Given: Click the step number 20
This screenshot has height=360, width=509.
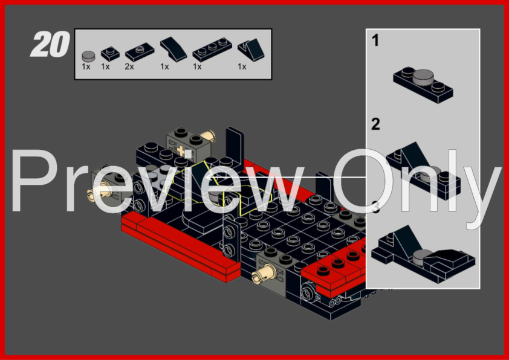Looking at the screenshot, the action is (x=50, y=44).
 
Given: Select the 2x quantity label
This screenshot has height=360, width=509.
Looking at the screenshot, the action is (x=129, y=67).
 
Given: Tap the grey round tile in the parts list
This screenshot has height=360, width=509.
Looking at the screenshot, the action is (x=88, y=56).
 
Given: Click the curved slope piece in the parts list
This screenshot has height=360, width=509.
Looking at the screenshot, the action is (x=173, y=49).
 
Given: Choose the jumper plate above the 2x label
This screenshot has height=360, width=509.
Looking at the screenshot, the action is (x=140, y=52).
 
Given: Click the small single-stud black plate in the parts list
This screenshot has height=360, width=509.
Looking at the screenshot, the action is (x=110, y=54).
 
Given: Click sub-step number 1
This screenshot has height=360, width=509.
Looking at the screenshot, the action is (x=375, y=41).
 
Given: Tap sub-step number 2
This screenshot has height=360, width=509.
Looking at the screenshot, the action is (x=375, y=124).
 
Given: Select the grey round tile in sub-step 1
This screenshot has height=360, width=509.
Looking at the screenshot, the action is (x=423, y=77).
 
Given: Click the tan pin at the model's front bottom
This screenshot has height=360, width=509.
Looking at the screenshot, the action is (x=263, y=273).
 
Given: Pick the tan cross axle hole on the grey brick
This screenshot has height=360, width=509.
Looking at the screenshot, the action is (x=181, y=150).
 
